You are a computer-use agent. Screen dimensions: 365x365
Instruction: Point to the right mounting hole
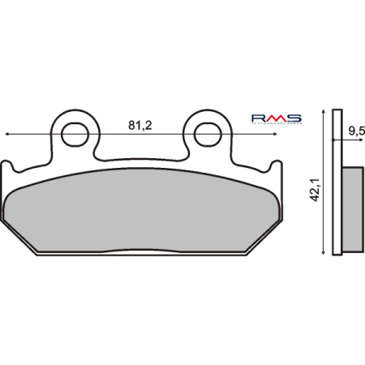pyautogui.click(x=203, y=131)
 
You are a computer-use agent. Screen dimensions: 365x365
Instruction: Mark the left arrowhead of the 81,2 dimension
pyautogui.click(x=7, y=132)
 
